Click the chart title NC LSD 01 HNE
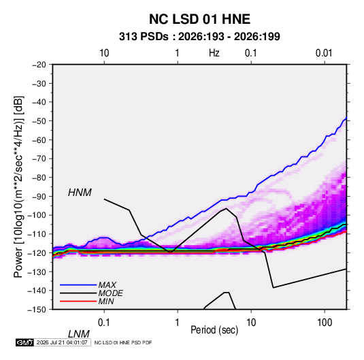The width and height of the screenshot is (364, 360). click(199, 19)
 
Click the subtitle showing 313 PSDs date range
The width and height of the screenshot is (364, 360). click(199, 37)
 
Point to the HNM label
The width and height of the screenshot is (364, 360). click(80, 193)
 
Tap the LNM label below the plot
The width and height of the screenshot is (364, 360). click(79, 334)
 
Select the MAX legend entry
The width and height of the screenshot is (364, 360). click(107, 284)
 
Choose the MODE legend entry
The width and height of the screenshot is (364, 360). click(110, 293)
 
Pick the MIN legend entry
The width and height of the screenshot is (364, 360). click(106, 301)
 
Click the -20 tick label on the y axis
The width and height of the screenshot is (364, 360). click(39, 65)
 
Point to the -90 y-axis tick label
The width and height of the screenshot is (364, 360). click(39, 196)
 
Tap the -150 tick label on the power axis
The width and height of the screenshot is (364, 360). click(37, 310)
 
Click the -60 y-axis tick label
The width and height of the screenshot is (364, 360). click(39, 140)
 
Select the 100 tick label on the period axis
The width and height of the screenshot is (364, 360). click(325, 323)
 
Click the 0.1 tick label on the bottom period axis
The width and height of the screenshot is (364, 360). click(104, 323)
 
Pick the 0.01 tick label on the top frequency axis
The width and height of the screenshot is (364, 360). click(324, 53)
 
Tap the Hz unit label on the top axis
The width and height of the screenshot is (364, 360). click(214, 53)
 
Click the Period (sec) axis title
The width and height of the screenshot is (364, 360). click(214, 330)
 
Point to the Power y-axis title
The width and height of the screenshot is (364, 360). click(18, 186)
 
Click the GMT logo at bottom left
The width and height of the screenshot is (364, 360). click(24, 342)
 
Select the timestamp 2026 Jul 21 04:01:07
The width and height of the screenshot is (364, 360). click(62, 342)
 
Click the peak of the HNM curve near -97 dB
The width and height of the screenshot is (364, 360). click(226, 208)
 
